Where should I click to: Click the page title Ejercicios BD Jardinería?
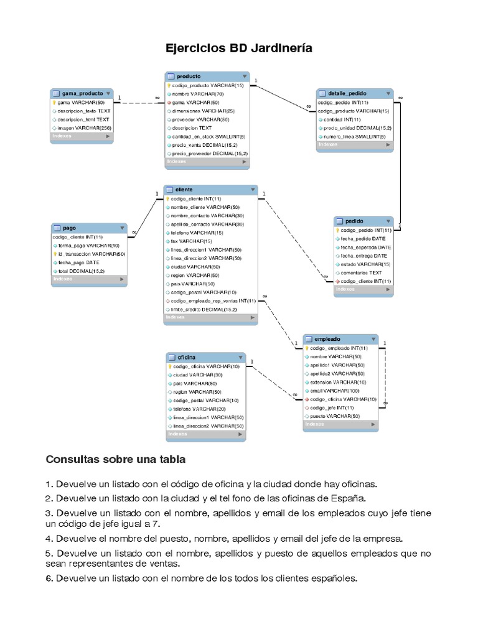(x=238, y=49)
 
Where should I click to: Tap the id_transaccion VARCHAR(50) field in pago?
(x=91, y=254)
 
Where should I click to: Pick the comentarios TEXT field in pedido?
(x=362, y=272)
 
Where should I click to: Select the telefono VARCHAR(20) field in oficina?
(x=197, y=409)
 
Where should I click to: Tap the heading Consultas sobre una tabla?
(x=116, y=460)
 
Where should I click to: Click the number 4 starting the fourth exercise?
(x=48, y=538)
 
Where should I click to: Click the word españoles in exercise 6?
(x=328, y=578)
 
